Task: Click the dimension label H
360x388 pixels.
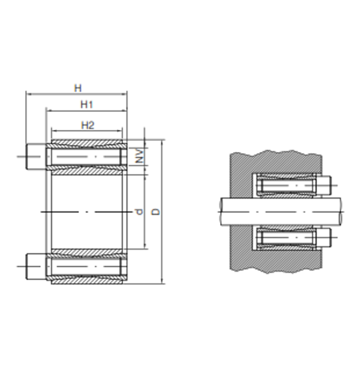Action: [78, 88]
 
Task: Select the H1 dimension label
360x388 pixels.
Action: [87, 105]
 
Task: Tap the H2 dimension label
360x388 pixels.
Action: [88, 125]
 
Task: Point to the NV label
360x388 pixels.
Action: [140, 156]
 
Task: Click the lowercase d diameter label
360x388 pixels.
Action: [139, 211]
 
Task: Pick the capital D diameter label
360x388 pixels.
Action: [156, 211]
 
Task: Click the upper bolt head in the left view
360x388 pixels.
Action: [36, 156]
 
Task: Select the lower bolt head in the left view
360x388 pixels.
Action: [36, 266]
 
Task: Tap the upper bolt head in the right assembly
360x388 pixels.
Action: [324, 186]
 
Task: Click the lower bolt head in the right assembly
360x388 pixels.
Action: [324, 237]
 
